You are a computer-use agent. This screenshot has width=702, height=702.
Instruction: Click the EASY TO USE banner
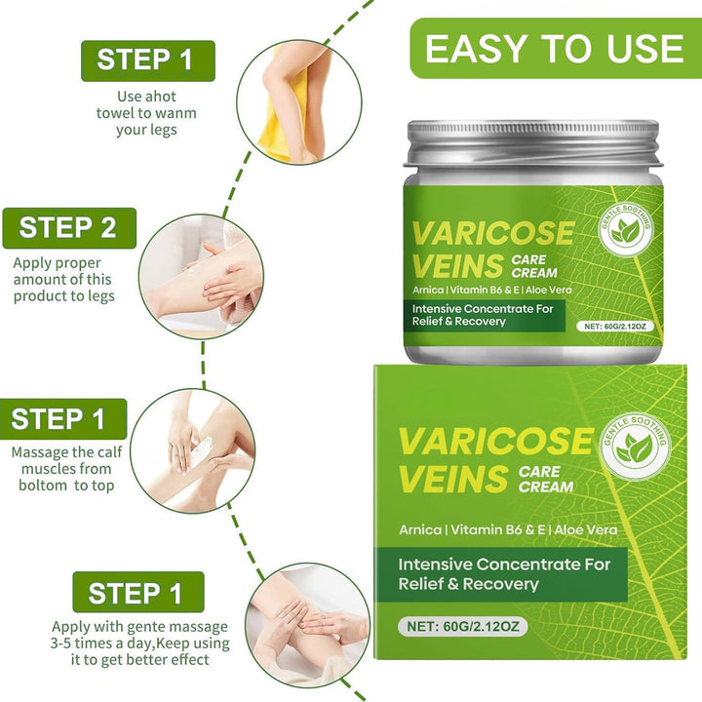[x=554, y=48]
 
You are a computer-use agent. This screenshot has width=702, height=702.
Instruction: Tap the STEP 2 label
[x=68, y=228]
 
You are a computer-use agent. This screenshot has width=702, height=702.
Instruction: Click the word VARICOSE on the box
[x=494, y=441]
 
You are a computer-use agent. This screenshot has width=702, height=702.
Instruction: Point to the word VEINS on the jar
[x=456, y=265]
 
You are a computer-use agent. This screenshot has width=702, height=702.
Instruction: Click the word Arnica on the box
[x=420, y=529]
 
